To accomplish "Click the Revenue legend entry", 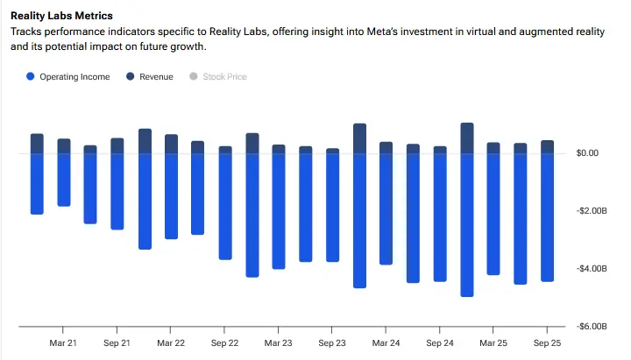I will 156,77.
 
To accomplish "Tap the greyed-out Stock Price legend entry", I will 224,77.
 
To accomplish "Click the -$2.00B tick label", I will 589,211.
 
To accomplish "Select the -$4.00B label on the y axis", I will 589,269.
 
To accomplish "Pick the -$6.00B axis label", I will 589,326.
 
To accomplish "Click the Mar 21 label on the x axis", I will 63,343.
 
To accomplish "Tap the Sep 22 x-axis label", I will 225,343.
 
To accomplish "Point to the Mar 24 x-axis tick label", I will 386,343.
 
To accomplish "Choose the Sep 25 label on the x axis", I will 547,343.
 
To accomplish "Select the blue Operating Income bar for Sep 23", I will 332,207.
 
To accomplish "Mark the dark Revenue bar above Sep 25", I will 547,147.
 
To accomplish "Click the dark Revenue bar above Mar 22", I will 172,145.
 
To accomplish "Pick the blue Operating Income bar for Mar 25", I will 493,214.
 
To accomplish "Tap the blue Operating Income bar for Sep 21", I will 117,191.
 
